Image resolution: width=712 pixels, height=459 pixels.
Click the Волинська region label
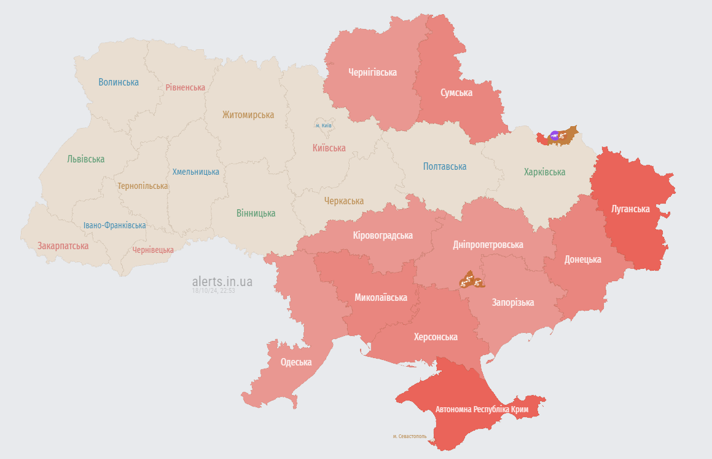tap(119, 82)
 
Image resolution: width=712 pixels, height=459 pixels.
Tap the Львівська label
tap(85, 158)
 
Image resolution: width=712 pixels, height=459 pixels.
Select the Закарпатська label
tap(63, 245)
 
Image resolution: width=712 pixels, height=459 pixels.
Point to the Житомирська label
tap(248, 114)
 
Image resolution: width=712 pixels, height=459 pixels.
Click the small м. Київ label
tap(323, 126)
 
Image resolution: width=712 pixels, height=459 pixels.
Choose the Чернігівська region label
tap(372, 72)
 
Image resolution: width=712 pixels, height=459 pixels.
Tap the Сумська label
tap(456, 92)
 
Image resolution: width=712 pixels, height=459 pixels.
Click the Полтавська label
tap(444, 166)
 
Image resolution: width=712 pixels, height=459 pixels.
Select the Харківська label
tap(544, 172)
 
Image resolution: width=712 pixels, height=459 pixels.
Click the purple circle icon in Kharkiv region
tap(554, 136)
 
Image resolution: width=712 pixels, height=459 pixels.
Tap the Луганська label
tap(630, 209)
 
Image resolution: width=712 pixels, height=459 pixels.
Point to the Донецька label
tap(582, 259)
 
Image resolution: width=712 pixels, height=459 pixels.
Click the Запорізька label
tap(512, 302)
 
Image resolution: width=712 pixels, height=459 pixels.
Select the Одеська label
tap(295, 362)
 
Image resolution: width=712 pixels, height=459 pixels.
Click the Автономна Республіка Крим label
tap(482, 409)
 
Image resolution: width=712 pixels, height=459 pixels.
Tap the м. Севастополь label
tap(410, 436)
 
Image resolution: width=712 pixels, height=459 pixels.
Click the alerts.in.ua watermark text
tap(222, 281)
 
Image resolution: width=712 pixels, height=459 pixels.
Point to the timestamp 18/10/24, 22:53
tap(213, 290)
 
